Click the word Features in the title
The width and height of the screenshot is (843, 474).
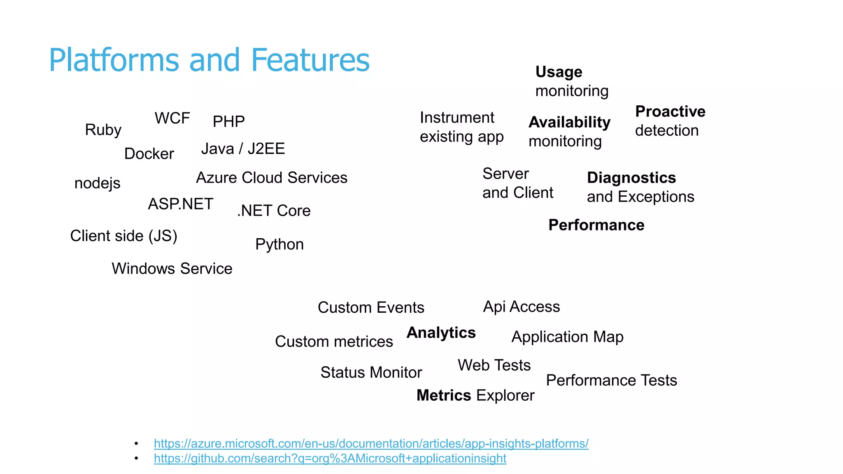click(310, 60)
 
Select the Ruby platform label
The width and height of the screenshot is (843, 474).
click(103, 130)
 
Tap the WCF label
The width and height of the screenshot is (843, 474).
click(172, 118)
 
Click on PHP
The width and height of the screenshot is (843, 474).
click(228, 122)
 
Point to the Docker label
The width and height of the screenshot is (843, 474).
click(149, 154)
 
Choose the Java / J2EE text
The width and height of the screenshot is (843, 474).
click(243, 149)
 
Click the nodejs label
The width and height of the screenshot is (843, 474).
click(97, 183)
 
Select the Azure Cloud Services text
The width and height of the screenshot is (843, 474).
click(272, 178)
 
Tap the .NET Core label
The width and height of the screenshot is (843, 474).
click(274, 211)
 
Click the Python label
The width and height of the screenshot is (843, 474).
click(279, 244)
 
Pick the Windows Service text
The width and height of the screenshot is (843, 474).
click(172, 269)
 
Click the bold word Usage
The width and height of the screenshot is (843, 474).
click(559, 72)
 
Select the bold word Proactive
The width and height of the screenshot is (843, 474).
click(670, 112)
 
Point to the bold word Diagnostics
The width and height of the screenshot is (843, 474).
click(631, 178)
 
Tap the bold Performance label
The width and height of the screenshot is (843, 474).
click(596, 225)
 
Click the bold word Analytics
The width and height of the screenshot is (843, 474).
click(441, 332)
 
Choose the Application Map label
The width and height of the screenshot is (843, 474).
click(567, 337)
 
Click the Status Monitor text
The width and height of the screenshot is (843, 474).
click(371, 372)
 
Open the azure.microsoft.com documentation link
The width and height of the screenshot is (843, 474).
click(371, 444)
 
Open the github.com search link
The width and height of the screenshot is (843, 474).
click(330, 458)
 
